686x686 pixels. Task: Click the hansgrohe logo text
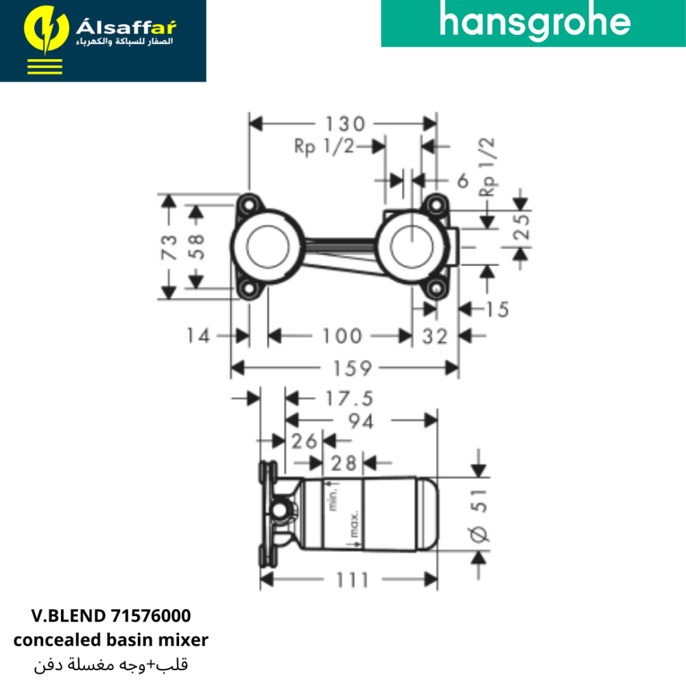[534, 23]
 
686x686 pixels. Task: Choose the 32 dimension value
[435, 336]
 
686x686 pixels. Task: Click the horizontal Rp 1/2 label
[323, 146]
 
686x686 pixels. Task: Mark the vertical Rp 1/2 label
[488, 167]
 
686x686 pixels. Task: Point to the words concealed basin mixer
[110, 640]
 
